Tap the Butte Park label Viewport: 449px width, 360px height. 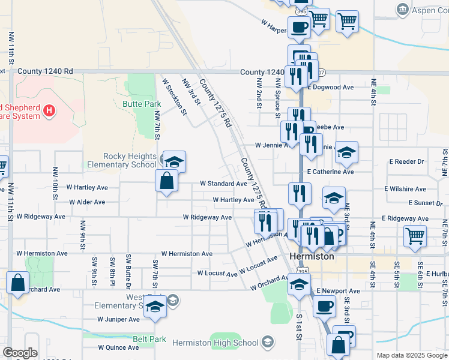pos(142,104)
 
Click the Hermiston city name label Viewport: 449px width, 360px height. pos(312,256)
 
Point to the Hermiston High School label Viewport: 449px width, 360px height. pos(215,343)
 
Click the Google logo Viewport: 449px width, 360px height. pos(20,353)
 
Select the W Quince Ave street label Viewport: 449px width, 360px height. pos(118,347)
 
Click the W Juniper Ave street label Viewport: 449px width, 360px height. pos(119,319)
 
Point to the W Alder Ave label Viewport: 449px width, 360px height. pos(87,203)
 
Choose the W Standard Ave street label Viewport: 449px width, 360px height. pos(223,184)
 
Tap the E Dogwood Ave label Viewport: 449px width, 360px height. pos(330,88)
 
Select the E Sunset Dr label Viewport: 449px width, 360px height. pos(425,203)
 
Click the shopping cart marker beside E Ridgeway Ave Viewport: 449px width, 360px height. pos(415,235)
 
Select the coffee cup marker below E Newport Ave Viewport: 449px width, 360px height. pos(325,305)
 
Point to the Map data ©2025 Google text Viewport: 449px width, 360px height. pos(411,355)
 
